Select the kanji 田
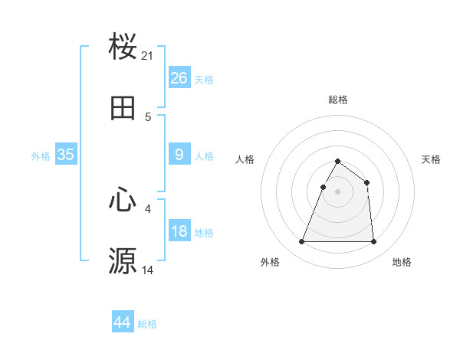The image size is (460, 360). pos(123,109)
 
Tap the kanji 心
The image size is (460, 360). pos(123,200)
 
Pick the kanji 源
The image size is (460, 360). pos(123,260)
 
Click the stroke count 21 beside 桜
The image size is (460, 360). pos(148,56)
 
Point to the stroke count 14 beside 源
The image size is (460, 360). pos(148,270)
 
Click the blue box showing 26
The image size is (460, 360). pos(179,77)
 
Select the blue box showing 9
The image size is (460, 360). pos(179,155)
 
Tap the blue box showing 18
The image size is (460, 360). pos(179,231)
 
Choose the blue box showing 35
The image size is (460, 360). pos(66,155)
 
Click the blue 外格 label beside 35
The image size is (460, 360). pos(41,156)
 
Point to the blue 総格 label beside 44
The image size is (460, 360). pos(147,324)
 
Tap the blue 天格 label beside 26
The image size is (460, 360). pos(204,79)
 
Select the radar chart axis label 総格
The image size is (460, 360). pos(338,100)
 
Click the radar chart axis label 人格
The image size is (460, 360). pos(245,159)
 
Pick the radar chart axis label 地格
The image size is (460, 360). pos(402,263)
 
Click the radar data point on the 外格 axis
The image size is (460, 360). pos(302,242)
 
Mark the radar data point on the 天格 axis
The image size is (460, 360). pos(367,182)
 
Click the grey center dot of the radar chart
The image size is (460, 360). pos(338,191)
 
